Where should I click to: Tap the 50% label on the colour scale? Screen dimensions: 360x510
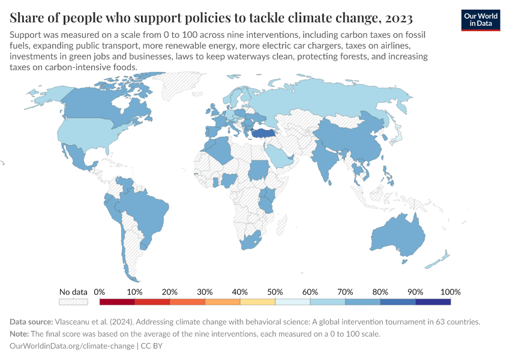[275, 292]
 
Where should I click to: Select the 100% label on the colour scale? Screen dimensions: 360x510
[450, 292]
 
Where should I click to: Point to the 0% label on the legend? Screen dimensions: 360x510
[100, 292]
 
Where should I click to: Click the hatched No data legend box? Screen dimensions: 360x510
[73, 302]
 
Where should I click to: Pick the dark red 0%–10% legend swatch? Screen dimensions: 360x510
[117, 302]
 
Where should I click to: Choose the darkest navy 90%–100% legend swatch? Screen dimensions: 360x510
[433, 302]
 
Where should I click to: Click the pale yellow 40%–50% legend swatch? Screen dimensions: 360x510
[257, 302]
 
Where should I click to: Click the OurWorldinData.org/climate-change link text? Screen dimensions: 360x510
[72, 346]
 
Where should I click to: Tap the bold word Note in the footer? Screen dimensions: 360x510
[21, 334]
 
